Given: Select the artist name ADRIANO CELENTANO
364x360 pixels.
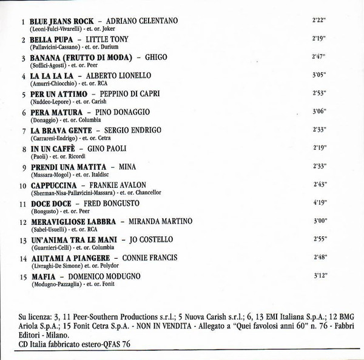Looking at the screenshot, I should (x=141, y=21).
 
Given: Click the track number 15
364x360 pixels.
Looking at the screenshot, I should (x=23, y=276).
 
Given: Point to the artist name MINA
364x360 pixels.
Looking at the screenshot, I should (x=127, y=167).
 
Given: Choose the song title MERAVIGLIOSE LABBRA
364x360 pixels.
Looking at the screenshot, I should (x=67, y=222).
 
